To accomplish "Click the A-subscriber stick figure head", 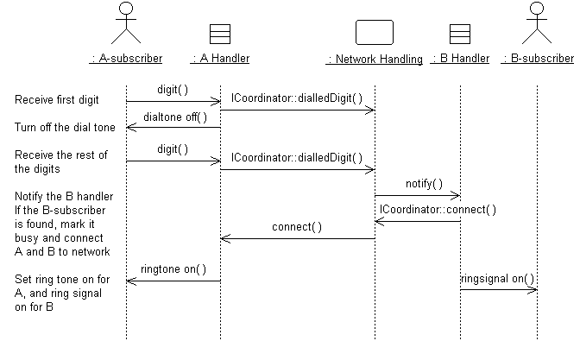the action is pyautogui.click(x=126, y=9).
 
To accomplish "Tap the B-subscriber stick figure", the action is pyautogui.click(x=537, y=22).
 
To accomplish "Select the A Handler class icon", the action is pyautogui.click(x=220, y=34).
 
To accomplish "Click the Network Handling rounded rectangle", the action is pyautogui.click(x=375, y=32).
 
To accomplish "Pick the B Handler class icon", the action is pyautogui.click(x=460, y=34).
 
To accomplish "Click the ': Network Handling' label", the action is pyautogui.click(x=375, y=60).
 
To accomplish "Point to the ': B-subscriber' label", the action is pyautogui.click(x=538, y=59).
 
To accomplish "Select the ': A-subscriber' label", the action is pyautogui.click(x=126, y=59).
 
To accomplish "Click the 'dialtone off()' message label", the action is pyautogui.click(x=175, y=117).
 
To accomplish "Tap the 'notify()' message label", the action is pyautogui.click(x=424, y=184).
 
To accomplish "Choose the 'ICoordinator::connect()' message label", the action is pyautogui.click(x=438, y=210).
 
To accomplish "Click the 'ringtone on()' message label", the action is pyautogui.click(x=173, y=269).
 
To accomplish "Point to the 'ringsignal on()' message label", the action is pyautogui.click(x=497, y=279).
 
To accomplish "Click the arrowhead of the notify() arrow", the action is pyautogui.click(x=458, y=195).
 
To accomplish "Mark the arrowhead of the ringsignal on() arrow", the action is pyautogui.click(x=535, y=290).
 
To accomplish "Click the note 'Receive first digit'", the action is pyautogui.click(x=57, y=100).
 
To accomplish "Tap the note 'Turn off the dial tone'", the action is pyautogui.click(x=65, y=128).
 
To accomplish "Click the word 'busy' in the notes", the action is pyautogui.click(x=27, y=238).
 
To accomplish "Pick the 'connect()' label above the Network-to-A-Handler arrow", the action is pyautogui.click(x=297, y=227).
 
